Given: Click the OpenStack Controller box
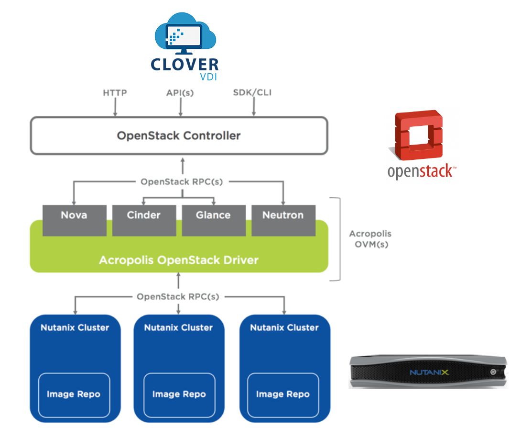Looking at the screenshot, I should coord(179,135).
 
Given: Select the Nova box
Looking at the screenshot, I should coord(74,220).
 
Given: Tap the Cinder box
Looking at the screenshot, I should coord(144,220).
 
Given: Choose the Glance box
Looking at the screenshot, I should coord(213,220).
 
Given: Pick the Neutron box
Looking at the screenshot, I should coord(283,220).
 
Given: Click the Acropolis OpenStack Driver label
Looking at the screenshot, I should coord(179,260).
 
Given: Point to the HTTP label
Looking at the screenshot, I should coord(115,92).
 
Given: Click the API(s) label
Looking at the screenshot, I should coord(180,92).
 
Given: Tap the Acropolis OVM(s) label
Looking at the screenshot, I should coord(370,239).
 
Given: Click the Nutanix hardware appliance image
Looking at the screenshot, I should coord(427,372).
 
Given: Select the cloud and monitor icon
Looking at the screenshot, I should coord(185,46).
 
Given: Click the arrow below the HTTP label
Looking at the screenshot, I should coord(115,108).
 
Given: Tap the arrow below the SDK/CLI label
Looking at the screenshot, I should coord(253,108).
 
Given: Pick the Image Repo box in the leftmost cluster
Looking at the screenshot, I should coord(74,394).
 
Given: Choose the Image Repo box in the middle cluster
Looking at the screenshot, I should coord(179,394).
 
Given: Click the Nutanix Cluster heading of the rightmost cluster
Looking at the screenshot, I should coord(284,328).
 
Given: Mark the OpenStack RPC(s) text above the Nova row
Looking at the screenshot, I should coord(182,182).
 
